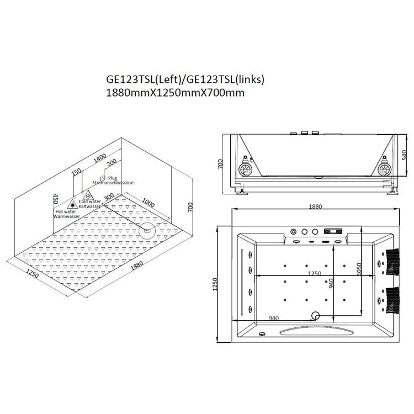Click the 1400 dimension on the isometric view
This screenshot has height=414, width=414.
tap(100, 158)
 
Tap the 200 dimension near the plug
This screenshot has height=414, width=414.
tap(112, 163)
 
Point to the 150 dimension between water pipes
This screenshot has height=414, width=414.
tap(77, 172)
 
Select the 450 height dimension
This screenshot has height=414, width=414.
tap(55, 199)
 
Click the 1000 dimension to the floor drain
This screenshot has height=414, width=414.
tap(148, 203)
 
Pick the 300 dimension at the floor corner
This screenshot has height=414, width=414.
tap(109, 197)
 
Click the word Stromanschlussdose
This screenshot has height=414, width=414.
tap(113, 183)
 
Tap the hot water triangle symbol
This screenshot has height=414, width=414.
tap(72, 204)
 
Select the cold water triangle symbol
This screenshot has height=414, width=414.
tap(88, 195)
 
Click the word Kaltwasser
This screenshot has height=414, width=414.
tap(90, 206)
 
